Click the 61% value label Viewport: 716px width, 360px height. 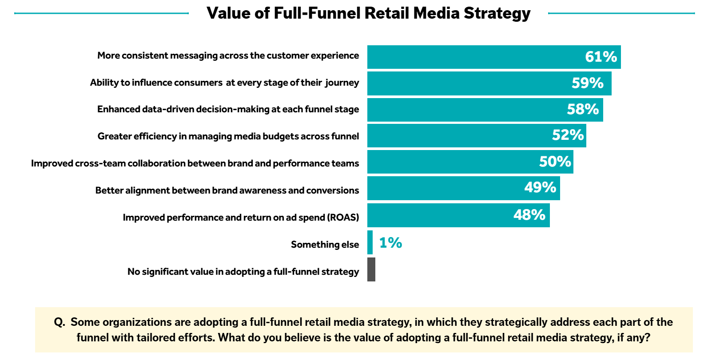coord(601,57)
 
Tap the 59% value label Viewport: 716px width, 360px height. coord(587,83)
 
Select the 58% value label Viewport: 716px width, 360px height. coord(583,109)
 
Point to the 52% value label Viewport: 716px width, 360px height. coord(568,135)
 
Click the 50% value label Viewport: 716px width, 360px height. coord(555,162)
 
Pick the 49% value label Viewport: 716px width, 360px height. coord(540,187)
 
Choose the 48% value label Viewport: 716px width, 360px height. coord(529,215)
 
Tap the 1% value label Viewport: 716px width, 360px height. coord(390,243)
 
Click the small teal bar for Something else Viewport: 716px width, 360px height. coord(370,242)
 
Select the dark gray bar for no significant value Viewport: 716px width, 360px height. coord(371,269)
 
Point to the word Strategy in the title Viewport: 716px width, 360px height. coord(497,13)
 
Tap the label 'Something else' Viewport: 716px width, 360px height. coord(325,245)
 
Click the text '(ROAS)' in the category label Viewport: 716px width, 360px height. coord(343,218)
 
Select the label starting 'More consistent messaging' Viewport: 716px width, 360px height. coord(228,55)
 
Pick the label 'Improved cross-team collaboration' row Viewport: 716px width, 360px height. coord(195,163)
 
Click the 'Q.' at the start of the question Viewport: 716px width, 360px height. coord(60,322)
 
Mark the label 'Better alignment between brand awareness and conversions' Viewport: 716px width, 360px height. coord(227,190)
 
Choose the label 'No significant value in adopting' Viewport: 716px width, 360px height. coord(243,272)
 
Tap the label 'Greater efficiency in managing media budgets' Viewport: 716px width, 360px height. coord(228,136)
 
